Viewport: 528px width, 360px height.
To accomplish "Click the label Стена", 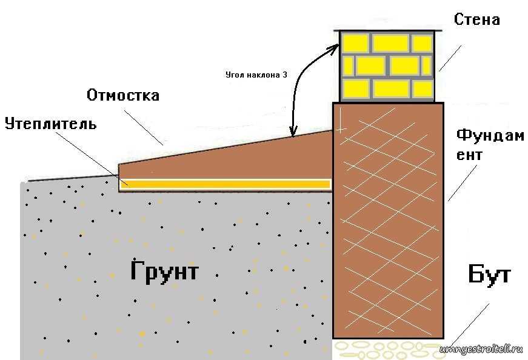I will point(477,19).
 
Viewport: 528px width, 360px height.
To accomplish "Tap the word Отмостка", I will point(123,95).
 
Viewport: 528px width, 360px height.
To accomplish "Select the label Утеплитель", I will point(51,124).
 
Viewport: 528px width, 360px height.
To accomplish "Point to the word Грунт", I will point(164,271).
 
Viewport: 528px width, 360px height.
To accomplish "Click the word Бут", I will point(489,275).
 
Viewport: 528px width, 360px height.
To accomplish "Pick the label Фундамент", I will point(490,144).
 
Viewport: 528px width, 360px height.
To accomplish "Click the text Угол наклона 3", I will point(256,75).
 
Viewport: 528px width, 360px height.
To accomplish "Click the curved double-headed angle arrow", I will point(301,85).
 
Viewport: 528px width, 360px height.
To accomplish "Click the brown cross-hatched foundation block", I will point(388,218).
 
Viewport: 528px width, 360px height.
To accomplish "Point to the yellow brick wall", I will point(387,65).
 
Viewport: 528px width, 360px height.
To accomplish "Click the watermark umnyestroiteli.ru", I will point(481,349).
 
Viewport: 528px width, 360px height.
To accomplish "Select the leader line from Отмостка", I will point(145,127).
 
